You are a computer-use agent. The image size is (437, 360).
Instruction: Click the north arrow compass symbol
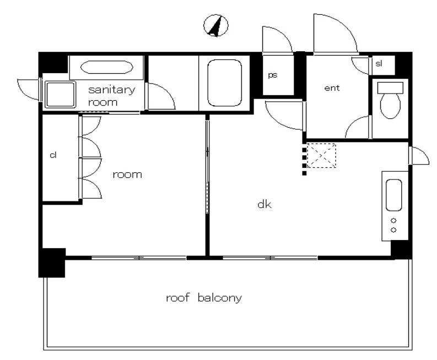tap(215, 26)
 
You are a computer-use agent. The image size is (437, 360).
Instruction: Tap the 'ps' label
tap(273, 75)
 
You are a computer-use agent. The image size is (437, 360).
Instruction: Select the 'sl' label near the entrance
tap(379, 63)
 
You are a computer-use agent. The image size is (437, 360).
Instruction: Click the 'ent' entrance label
tap(332, 88)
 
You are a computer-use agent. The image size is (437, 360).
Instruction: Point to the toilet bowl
tap(390, 106)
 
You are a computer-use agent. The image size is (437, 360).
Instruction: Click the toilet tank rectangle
tap(390, 88)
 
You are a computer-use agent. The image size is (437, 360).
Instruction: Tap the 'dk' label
tap(265, 204)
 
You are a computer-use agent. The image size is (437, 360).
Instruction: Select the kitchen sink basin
tap(394, 195)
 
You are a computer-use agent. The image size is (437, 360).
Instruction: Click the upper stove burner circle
tap(393, 221)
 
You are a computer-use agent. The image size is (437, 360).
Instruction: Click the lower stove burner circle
tap(393, 230)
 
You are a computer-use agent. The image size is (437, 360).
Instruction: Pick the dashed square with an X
tap(321, 155)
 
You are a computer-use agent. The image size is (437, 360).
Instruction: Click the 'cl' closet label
tap(53, 155)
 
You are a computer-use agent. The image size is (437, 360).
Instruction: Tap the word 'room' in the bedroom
tap(127, 174)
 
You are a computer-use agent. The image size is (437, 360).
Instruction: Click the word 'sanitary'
tap(112, 90)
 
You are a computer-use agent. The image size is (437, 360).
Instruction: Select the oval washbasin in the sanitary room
tap(107, 67)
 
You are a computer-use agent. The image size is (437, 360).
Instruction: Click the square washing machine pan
tap(60, 94)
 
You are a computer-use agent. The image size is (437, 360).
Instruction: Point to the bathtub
tap(224, 83)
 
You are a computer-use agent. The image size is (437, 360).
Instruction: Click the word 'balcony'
tap(220, 298)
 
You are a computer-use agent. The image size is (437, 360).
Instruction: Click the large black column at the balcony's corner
tap(52, 263)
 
